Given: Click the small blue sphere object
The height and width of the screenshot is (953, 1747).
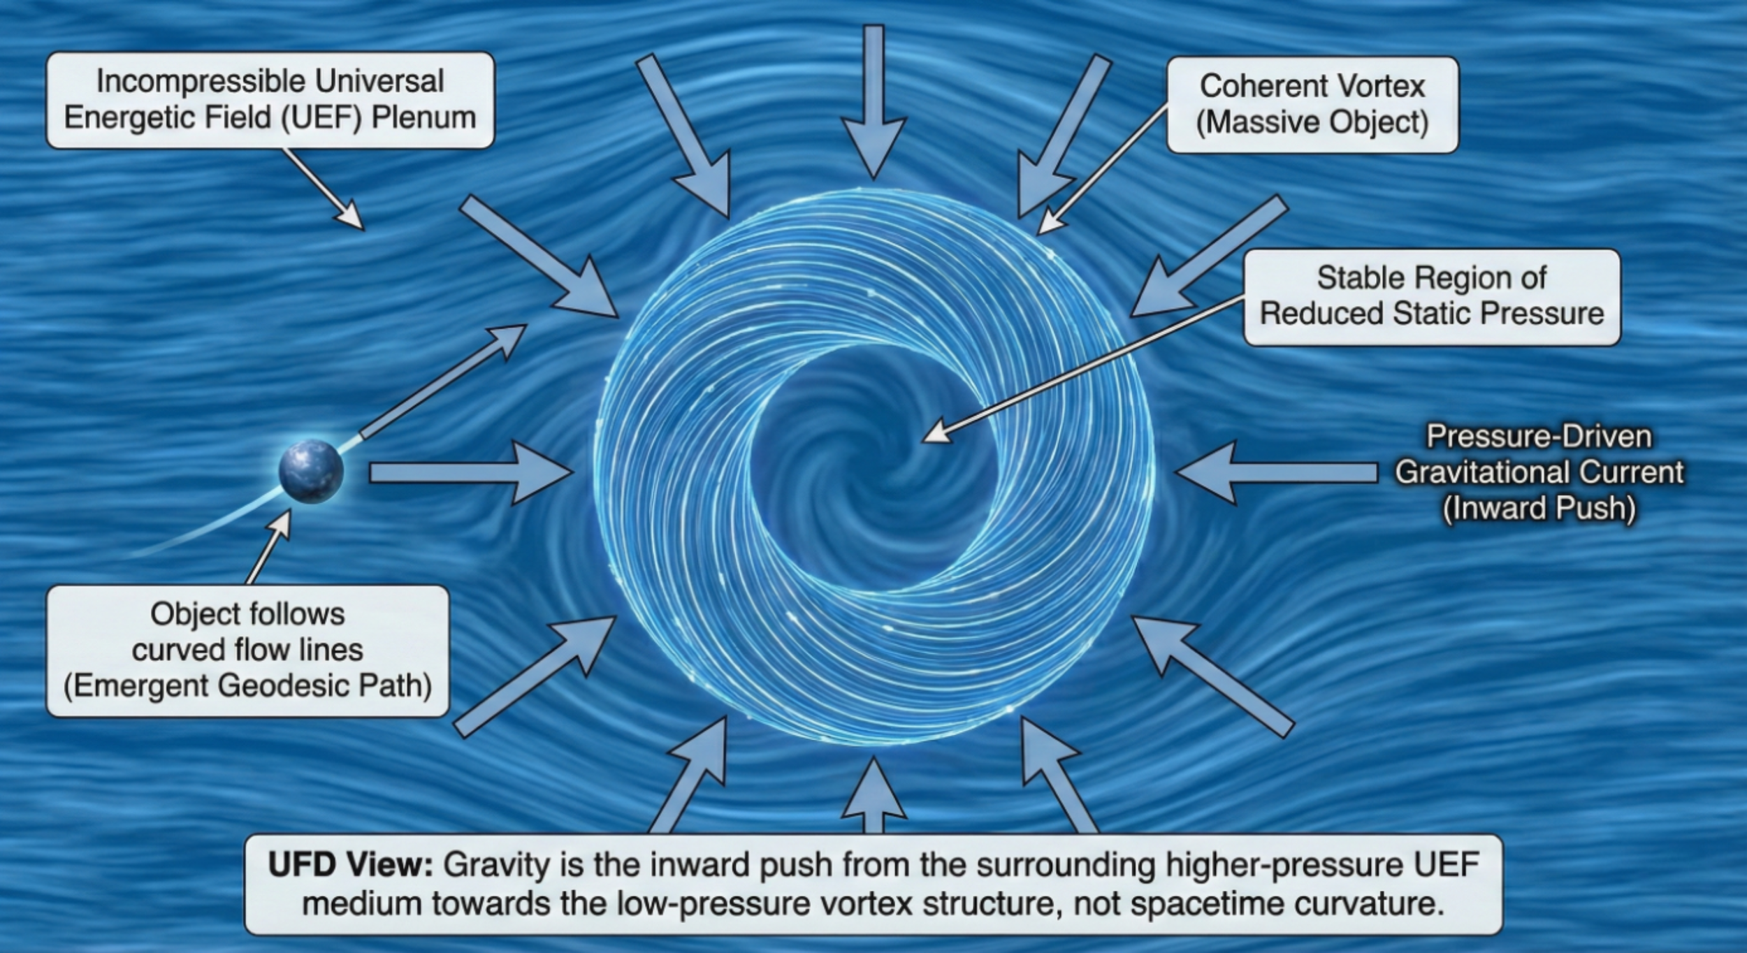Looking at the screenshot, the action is point(311,472).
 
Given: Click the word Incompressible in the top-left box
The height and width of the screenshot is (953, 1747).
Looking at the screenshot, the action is point(203,82).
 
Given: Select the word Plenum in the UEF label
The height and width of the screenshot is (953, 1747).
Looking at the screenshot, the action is point(423,117).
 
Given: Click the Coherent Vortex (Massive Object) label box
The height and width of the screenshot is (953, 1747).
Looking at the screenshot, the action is point(1312,105).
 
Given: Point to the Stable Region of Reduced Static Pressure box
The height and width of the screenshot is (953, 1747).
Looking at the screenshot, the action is point(1431,296).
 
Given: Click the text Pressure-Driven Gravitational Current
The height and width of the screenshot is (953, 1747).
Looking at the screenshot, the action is point(1539,455).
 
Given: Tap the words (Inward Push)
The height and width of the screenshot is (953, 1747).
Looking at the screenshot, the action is point(1539,509).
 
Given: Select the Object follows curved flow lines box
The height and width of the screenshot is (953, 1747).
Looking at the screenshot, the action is point(247,650).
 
